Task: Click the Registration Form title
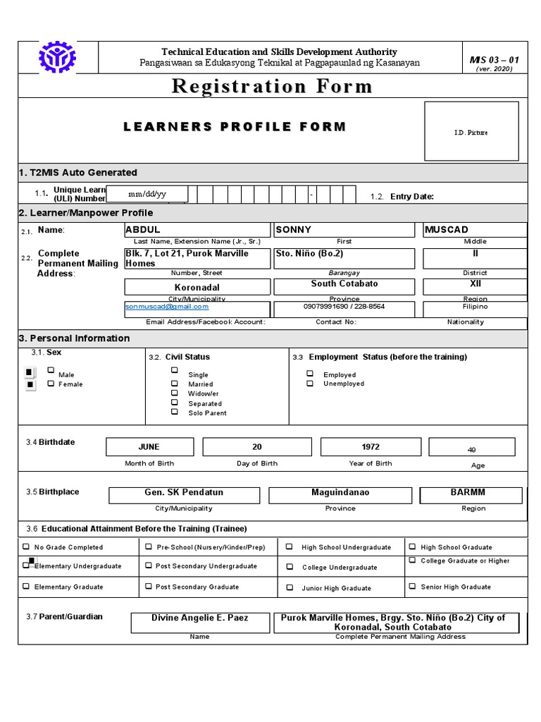coord(272,87)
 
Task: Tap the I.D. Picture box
coord(471,132)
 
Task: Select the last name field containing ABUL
coord(197,230)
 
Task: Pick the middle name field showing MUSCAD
coord(474,230)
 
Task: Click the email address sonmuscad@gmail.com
coord(167,307)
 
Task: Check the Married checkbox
coord(174,383)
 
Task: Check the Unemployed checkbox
coord(310,384)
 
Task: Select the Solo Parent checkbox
coord(174,412)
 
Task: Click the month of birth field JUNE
coord(149,447)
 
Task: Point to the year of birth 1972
coord(370,447)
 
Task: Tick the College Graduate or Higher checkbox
coord(412,561)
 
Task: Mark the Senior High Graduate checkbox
coord(412,586)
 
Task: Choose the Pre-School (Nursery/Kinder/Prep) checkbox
coord(149,546)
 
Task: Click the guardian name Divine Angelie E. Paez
coord(200,618)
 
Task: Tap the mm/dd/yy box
coord(147,194)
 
